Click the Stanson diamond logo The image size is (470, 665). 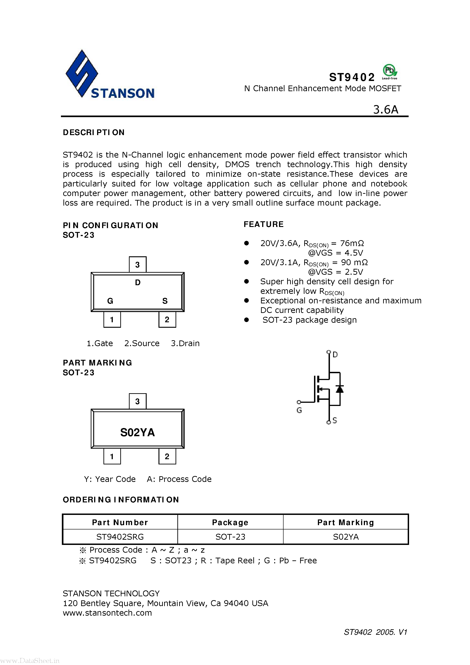click(82, 73)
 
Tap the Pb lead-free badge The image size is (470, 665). click(390, 71)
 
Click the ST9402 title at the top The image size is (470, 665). click(352, 77)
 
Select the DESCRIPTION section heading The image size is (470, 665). click(93, 132)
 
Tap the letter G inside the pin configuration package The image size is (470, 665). click(110, 301)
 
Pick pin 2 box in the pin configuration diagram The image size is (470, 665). click(167, 320)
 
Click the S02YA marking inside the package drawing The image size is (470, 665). click(138, 432)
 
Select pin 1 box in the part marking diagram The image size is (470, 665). click(112, 456)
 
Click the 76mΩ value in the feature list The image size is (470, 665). click(352, 243)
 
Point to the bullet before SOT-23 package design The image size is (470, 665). click(246, 320)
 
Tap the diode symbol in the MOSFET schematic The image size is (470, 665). click(340, 389)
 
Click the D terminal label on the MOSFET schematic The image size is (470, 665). click(335, 355)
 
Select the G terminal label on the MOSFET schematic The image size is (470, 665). click(299, 410)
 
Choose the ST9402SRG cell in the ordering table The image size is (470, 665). click(120, 537)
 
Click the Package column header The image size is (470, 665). click(230, 522)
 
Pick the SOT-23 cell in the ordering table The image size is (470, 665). click(230, 537)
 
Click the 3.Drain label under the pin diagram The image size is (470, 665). click(185, 343)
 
